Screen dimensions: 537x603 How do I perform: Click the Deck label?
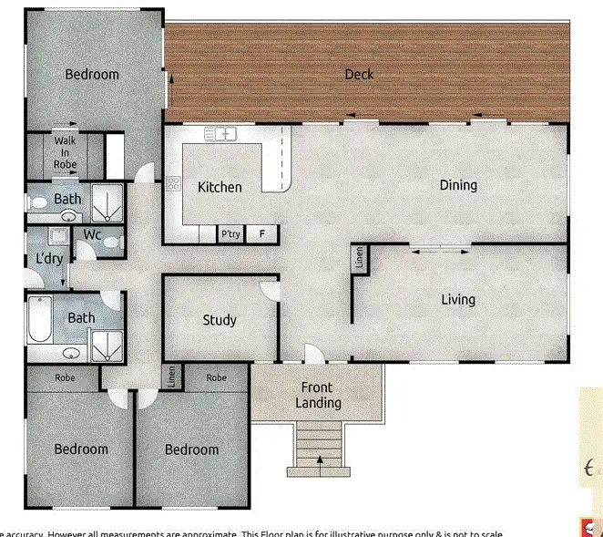point(359,74)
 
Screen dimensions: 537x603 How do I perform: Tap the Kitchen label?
point(220,187)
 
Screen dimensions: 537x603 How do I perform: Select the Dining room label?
point(458,185)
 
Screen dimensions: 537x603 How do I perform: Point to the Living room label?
point(458,300)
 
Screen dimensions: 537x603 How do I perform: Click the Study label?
point(220,320)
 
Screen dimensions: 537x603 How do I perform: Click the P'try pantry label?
point(231,234)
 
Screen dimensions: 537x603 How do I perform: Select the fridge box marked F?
point(262,234)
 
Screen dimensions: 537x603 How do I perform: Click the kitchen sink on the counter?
point(221,135)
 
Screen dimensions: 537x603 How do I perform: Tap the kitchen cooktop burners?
point(172,184)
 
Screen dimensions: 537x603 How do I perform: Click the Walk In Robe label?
point(65,152)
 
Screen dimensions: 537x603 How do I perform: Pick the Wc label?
point(92,234)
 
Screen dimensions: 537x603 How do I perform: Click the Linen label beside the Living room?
point(359,258)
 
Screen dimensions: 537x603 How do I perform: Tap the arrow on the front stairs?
point(320,460)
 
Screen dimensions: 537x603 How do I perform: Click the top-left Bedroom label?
point(92,74)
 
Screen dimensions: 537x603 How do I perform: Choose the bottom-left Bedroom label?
point(81,449)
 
